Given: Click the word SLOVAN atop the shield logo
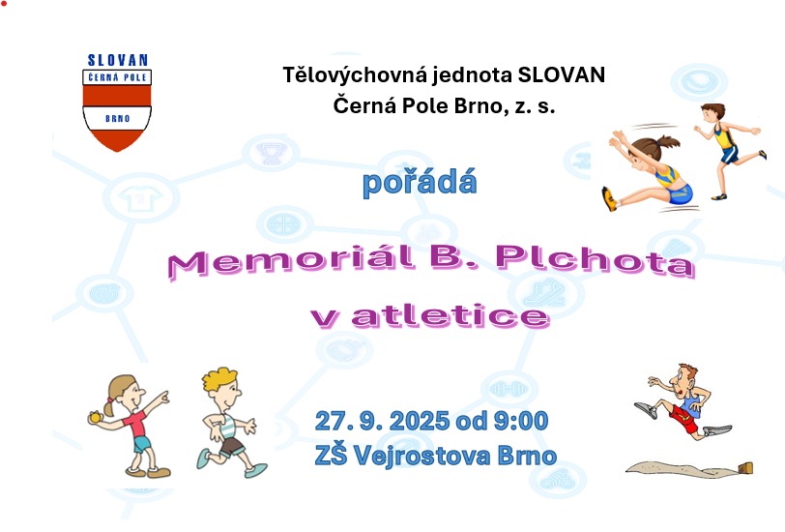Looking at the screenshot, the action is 118,60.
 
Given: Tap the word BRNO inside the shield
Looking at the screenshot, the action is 118,119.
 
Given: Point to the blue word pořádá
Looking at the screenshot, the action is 420,183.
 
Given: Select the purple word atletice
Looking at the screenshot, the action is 451,316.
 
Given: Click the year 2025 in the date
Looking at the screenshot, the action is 419,421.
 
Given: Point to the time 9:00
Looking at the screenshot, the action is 521,421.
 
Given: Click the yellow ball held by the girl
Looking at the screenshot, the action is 95,417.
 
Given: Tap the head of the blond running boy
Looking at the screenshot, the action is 221,385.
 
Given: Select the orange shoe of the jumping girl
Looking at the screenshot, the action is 609,199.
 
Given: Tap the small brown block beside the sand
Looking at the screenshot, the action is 745,468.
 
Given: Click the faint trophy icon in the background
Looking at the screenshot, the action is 272,153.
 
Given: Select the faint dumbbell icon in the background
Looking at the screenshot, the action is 509,389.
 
